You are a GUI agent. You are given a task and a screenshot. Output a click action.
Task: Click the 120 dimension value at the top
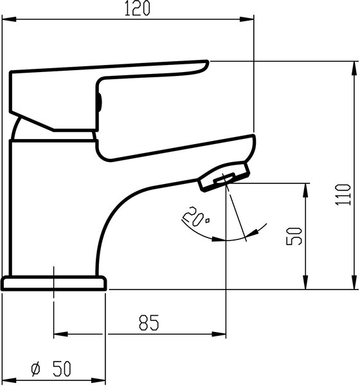[x=137, y=8]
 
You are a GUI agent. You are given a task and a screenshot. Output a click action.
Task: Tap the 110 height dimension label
[x=343, y=194]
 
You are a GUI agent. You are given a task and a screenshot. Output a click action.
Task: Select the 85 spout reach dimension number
[x=149, y=322]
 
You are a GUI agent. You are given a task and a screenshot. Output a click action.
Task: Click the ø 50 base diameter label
[x=51, y=369]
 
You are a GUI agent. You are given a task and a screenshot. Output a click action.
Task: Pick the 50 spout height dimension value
[x=294, y=236]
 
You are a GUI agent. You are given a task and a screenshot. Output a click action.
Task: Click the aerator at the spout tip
[x=224, y=176]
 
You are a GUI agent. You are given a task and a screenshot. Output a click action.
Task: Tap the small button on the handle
[x=99, y=102]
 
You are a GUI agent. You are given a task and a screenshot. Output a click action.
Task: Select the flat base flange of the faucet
[x=54, y=283]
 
